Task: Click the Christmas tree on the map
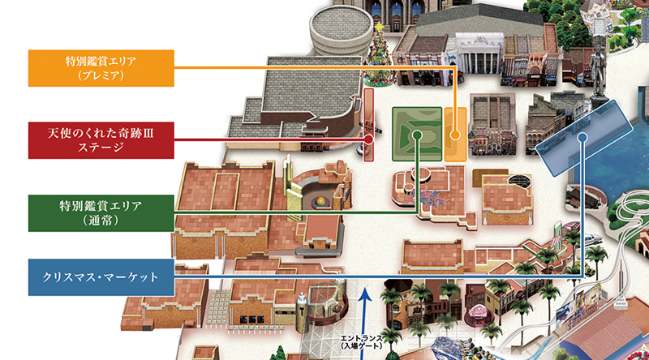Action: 378,61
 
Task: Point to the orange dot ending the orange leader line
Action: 456,135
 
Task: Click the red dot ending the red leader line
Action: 369,139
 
